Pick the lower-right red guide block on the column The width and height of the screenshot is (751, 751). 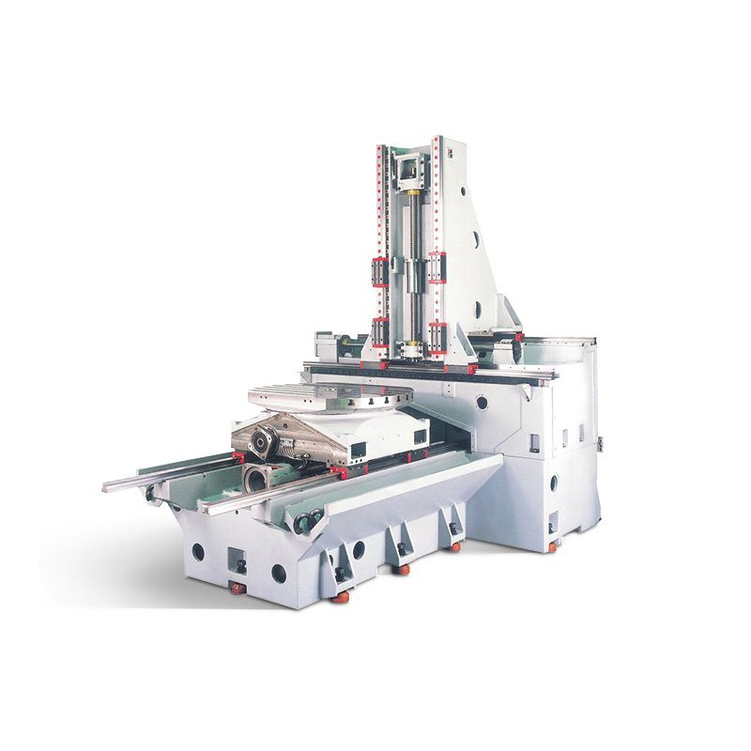(437, 333)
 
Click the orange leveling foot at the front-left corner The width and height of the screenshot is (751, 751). (237, 589)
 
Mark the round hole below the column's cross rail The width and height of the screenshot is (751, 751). (482, 403)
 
